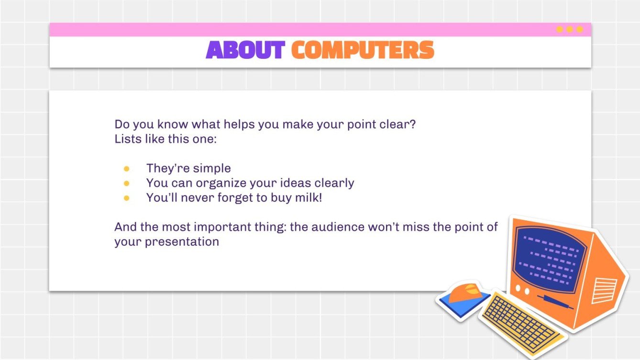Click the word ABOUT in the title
click(245, 50)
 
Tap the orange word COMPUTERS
click(363, 50)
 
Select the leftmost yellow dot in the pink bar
click(559, 30)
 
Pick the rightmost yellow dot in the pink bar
click(580, 30)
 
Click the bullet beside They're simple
click(127, 169)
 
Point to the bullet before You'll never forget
click(127, 198)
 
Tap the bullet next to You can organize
click(127, 183)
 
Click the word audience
click(338, 227)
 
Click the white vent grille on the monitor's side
click(604, 290)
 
